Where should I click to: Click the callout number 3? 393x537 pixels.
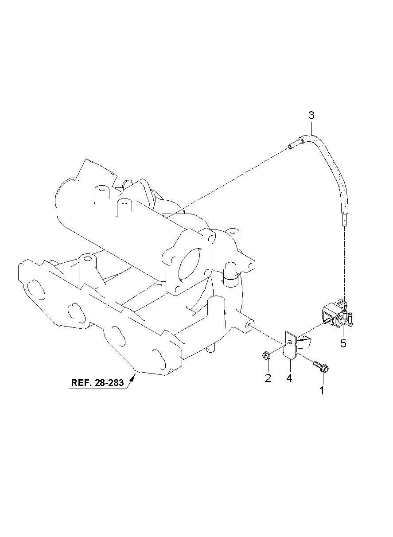coord(311,116)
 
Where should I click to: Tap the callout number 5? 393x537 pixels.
coord(343,344)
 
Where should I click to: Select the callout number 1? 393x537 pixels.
coord(323,390)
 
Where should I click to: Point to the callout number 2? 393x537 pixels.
coord(268,378)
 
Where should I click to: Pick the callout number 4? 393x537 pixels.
coord(289,378)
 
